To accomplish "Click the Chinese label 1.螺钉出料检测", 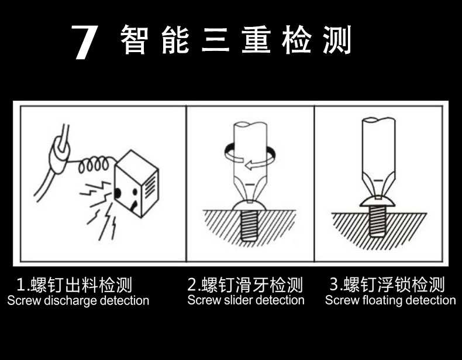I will (74, 285).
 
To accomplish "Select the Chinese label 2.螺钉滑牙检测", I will (245, 285).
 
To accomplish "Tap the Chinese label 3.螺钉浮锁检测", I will (387, 285).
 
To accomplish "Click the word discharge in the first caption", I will (71, 301).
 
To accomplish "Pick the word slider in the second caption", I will (239, 300).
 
